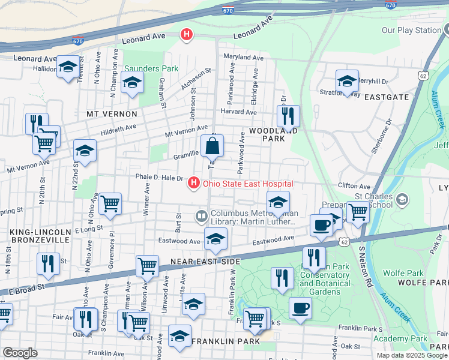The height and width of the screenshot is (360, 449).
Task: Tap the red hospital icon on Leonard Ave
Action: [187, 35]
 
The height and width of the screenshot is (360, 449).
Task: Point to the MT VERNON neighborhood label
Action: [108, 113]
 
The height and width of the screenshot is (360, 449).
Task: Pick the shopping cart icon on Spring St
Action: [110, 204]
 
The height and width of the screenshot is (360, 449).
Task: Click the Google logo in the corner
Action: [20, 352]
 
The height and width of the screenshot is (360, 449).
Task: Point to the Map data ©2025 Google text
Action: [412, 355]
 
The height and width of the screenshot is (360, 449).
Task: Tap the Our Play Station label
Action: [411, 30]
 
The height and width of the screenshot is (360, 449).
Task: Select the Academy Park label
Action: [399, 339]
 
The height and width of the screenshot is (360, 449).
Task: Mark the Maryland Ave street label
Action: [244, 58]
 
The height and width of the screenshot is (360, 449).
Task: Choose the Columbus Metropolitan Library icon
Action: [201, 215]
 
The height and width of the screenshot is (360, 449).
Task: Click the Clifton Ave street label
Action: [351, 186]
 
